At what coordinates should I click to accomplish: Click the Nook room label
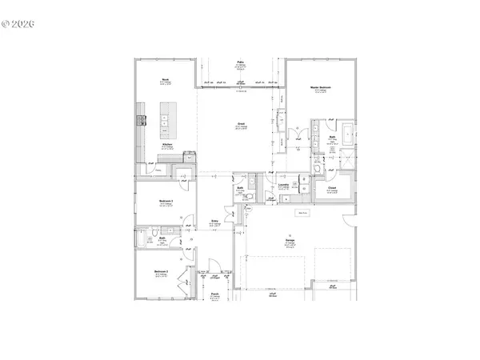point(164,79)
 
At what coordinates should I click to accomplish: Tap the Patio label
point(240,61)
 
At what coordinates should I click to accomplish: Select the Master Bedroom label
point(321,86)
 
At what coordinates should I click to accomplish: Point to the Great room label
point(240,124)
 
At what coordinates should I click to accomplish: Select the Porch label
point(215,294)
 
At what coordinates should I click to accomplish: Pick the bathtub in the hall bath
point(143,239)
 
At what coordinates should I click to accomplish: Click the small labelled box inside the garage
point(303,213)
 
